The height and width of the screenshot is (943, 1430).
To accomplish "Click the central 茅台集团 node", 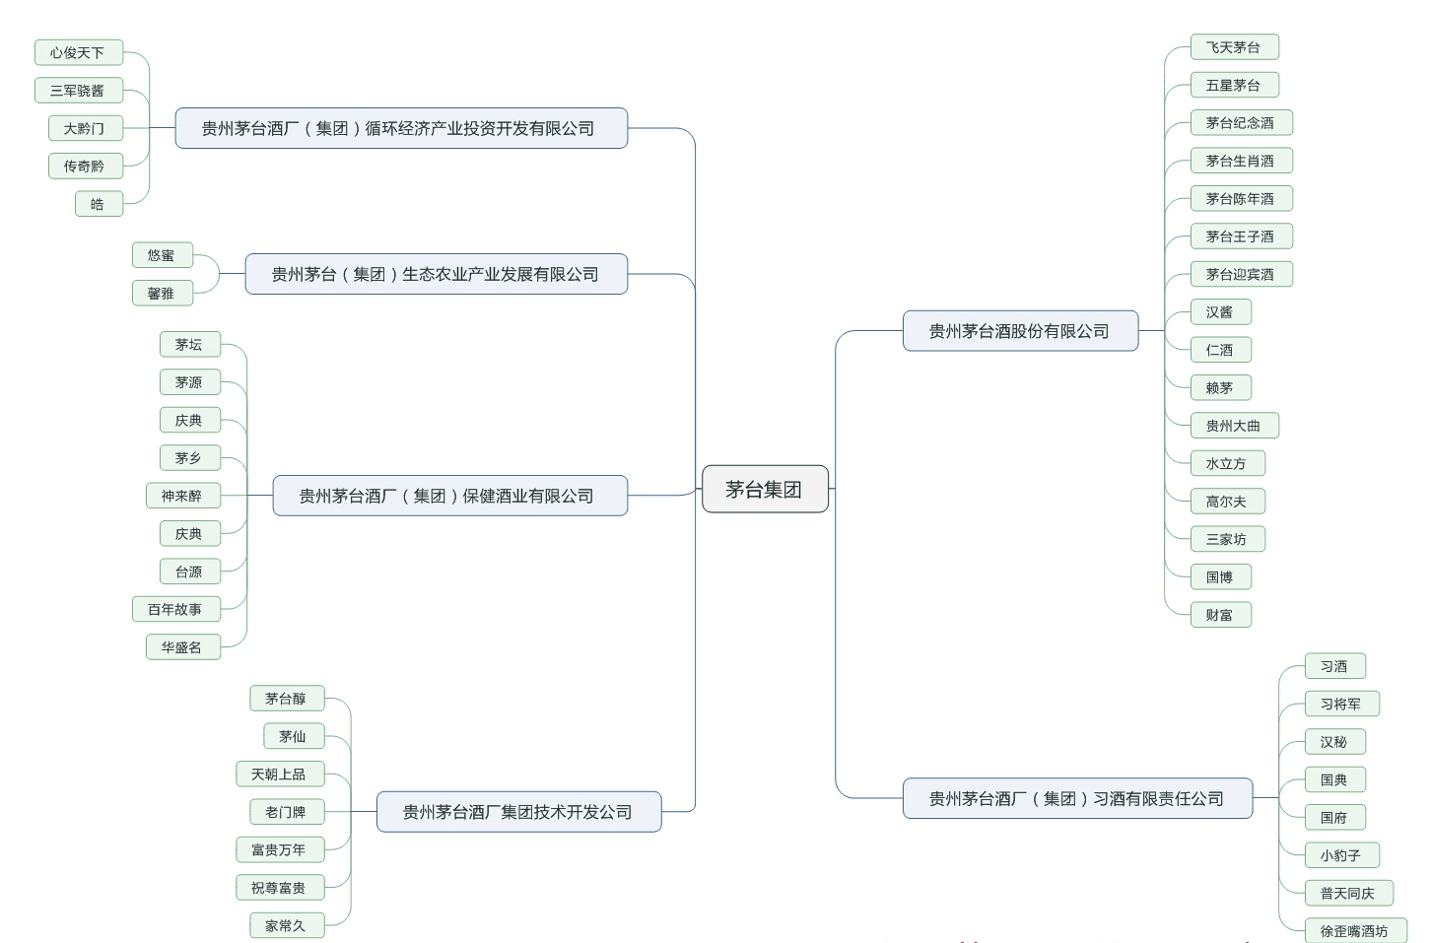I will (x=764, y=489).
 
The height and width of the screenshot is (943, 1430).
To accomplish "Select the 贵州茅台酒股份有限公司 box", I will (x=1019, y=331).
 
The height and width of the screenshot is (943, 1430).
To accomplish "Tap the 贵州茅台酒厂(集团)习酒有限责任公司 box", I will (x=1076, y=798).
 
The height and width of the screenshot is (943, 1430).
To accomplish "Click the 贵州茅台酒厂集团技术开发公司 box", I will (x=517, y=812).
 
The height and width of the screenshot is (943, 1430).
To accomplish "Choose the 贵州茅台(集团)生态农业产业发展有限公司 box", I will (x=435, y=274).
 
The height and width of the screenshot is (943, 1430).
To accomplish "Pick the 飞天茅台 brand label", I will (x=1233, y=47).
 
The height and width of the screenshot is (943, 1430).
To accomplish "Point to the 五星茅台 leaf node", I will (x=1233, y=86).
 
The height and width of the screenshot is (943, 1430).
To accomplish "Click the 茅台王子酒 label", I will (x=1240, y=236).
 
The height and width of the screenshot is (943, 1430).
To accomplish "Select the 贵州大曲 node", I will (x=1233, y=426).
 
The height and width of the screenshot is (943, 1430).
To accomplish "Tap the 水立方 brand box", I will (x=1226, y=463).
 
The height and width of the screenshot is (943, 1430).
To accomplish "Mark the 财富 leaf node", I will (x=1219, y=615).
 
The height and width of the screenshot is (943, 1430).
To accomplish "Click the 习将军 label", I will (x=1340, y=704).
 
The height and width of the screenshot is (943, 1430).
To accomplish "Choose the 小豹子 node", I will (x=1340, y=855).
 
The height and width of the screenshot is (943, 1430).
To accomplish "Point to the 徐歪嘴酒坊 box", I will (x=1353, y=930).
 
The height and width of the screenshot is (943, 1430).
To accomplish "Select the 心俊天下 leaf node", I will (x=77, y=52).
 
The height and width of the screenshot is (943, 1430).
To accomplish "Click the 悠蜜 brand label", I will (x=161, y=255).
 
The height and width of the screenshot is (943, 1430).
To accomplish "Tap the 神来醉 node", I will (x=181, y=496).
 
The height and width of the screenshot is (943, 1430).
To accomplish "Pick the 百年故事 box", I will (x=174, y=609).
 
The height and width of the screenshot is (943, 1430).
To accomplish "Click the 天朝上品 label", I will (x=278, y=775).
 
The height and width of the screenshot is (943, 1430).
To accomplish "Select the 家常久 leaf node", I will (x=285, y=925).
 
